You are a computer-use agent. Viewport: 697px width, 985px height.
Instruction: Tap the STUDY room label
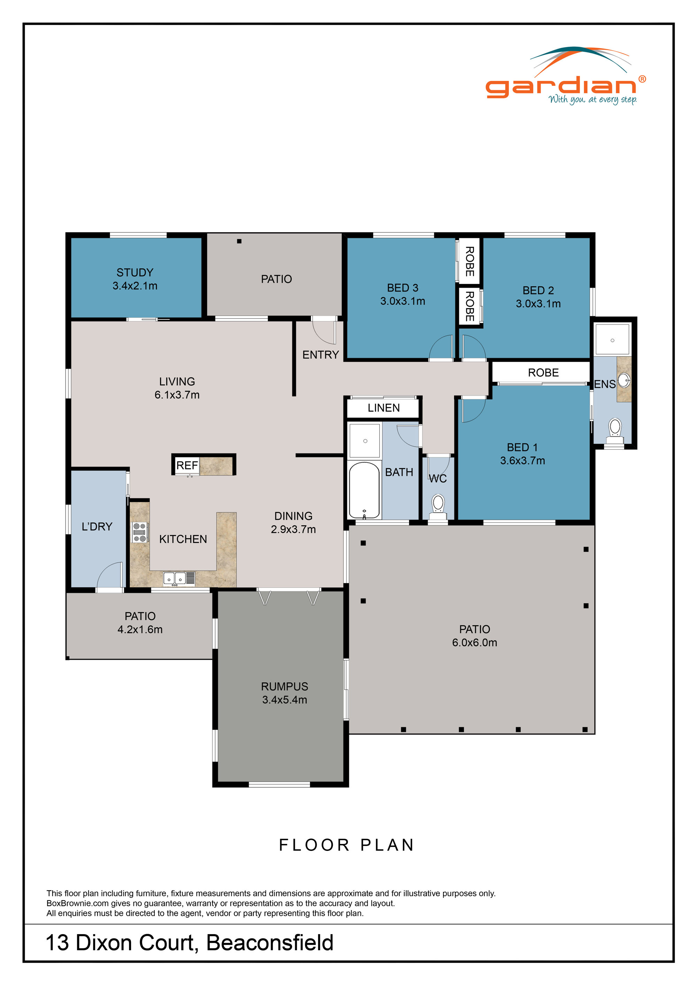pos(135,272)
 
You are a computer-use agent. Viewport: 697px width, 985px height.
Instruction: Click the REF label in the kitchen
pos(187,465)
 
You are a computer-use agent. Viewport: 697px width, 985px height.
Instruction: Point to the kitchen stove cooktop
pos(139,533)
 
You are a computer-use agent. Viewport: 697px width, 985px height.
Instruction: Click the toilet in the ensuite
pos(615,427)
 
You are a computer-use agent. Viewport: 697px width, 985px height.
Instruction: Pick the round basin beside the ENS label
pos(625,380)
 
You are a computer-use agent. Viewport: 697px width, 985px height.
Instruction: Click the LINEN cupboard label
pos(384,408)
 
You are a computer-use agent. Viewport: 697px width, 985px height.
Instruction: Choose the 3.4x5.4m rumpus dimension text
pos(285,700)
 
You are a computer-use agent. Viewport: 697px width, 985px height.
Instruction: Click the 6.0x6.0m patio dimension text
pos(474,643)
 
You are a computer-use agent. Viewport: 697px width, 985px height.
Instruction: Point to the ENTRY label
pos(321,355)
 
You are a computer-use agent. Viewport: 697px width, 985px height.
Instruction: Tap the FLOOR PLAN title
pos(347,845)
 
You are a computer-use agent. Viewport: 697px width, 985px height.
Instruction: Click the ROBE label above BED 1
pos(543,373)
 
